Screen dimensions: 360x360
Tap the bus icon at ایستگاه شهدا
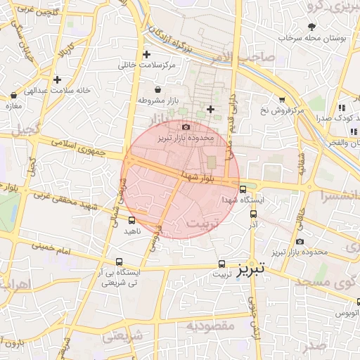pyautogui.click(x=243, y=189)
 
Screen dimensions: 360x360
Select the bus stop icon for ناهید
pyautogui.click(x=131, y=221)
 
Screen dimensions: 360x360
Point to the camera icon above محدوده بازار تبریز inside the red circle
pyautogui.click(x=186, y=127)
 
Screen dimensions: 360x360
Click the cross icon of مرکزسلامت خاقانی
pyautogui.click(x=146, y=54)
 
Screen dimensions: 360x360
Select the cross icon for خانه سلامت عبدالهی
pyautogui.click(x=57, y=79)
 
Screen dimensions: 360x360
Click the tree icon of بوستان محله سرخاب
pyautogui.click(x=311, y=27)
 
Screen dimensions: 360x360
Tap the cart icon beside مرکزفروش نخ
pyautogui.click(x=282, y=100)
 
